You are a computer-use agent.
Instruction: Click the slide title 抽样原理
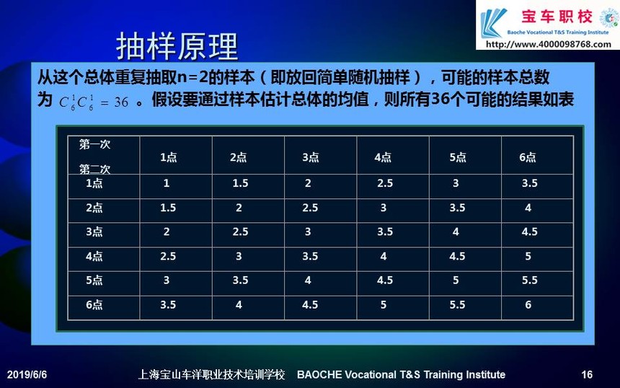(x=177, y=46)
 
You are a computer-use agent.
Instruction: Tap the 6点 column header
(x=528, y=157)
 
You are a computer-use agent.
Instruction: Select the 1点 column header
(x=169, y=157)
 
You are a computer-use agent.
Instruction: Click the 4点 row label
(x=94, y=256)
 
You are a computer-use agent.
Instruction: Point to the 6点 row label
(x=94, y=305)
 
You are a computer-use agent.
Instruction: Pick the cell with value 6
(x=528, y=305)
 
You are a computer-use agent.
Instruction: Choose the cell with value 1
(x=167, y=183)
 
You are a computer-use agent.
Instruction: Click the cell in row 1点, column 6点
(x=529, y=183)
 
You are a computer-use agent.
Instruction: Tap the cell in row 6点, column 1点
(x=168, y=305)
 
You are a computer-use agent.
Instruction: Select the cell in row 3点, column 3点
(x=308, y=232)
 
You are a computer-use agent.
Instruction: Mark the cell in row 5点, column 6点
(x=529, y=281)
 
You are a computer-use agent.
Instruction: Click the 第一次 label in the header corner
(x=94, y=144)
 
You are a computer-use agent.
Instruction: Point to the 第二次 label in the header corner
(x=94, y=169)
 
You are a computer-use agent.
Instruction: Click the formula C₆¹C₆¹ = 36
(x=94, y=102)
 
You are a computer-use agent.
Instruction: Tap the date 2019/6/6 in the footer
(x=27, y=374)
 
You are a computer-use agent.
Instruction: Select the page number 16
(x=587, y=374)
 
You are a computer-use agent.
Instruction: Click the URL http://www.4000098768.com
(x=548, y=44)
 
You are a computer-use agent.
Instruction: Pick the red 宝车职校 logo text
(x=557, y=17)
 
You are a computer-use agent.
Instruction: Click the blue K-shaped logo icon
(x=492, y=22)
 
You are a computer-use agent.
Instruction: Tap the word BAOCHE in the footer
(x=319, y=374)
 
